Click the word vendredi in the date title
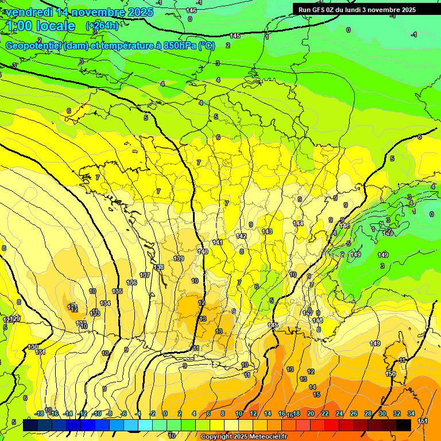tap(30, 12)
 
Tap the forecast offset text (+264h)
tap(102, 25)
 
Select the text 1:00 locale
tap(40, 26)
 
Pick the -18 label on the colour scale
tap(40, 413)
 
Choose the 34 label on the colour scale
tap(411, 413)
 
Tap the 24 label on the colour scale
tap(339, 413)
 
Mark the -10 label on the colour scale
tap(98, 413)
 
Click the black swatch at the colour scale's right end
tap(404, 425)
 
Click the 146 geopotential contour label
tap(191, 10)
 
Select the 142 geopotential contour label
tap(241, 236)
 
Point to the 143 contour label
tap(267, 231)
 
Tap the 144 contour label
tap(298, 223)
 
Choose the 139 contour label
tap(179, 259)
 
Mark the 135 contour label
tap(117, 292)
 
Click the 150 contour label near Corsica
tap(390, 374)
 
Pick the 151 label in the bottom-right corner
tap(423, 421)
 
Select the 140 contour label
tap(203, 252)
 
